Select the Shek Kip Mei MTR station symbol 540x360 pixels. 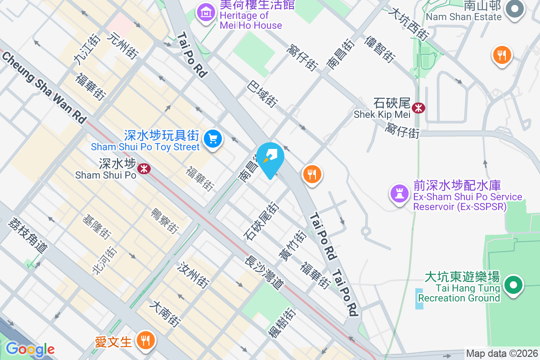click(x=418, y=108)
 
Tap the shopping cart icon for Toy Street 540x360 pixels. click(x=213, y=139)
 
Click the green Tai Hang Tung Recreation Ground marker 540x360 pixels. click(x=513, y=285)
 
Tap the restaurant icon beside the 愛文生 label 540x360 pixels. click(x=145, y=340)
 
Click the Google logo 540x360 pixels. click(x=30, y=349)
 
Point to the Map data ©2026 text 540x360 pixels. click(x=501, y=354)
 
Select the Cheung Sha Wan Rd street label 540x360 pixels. click(x=44, y=87)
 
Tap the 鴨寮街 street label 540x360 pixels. click(x=164, y=220)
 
